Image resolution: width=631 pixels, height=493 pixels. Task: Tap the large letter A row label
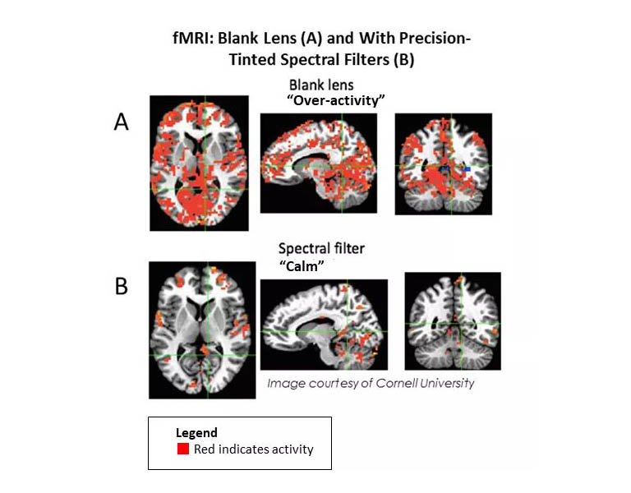121,122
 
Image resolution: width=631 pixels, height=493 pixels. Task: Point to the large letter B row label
122,287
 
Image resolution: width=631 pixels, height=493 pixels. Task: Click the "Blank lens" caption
321,85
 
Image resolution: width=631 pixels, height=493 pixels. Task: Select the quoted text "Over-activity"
336,100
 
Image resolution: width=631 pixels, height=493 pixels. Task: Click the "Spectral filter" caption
321,249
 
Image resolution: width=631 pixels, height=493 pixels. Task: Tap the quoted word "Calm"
302,266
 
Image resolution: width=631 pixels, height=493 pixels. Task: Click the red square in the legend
183,449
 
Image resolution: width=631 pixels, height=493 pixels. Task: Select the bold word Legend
196,433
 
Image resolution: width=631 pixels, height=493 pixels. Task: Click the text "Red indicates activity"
254,449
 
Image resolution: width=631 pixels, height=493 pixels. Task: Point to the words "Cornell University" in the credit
425,383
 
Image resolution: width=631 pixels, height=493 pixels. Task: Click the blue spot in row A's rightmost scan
467,169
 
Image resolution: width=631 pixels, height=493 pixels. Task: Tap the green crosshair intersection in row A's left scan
205,189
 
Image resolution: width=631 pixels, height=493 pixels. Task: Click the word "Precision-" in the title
434,39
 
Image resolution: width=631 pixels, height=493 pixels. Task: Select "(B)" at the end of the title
404,59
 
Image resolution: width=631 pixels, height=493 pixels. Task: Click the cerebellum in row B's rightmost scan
454,353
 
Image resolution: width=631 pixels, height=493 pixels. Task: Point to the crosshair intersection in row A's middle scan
342,166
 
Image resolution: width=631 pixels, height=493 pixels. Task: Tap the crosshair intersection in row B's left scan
208,355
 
